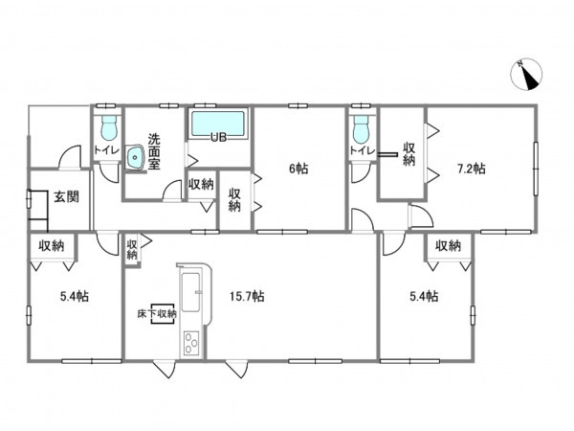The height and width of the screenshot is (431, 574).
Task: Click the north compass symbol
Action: click(x=526, y=74)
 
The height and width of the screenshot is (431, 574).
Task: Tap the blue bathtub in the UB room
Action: click(x=218, y=124)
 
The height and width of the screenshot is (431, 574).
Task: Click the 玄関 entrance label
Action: click(x=67, y=197)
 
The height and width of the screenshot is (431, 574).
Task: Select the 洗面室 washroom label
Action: click(x=154, y=151)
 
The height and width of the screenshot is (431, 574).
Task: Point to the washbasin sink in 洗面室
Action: click(x=135, y=158)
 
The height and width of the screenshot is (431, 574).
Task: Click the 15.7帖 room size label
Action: click(x=247, y=296)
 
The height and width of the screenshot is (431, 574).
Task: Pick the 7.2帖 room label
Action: click(x=471, y=169)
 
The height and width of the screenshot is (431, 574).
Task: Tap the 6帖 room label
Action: click(x=298, y=169)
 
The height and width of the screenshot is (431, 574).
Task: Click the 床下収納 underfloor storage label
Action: click(x=157, y=314)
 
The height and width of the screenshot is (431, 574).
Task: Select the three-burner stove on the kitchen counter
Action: click(x=191, y=342)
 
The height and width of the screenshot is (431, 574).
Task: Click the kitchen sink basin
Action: click(x=190, y=292)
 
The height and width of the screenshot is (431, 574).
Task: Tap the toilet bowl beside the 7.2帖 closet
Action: click(x=361, y=129)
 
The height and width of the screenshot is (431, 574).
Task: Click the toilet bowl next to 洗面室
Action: click(x=109, y=128)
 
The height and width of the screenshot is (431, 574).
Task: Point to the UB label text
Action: click(x=218, y=138)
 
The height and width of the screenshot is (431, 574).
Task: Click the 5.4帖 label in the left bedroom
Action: click(x=75, y=296)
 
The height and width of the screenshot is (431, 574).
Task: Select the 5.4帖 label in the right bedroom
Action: click(x=424, y=296)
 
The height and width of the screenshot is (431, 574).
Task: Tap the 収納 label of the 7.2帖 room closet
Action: click(x=408, y=154)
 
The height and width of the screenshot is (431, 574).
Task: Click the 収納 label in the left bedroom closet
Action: click(x=52, y=245)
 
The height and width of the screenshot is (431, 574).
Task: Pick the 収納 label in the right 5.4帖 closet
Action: click(x=448, y=245)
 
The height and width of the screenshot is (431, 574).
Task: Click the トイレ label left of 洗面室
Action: click(x=106, y=150)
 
